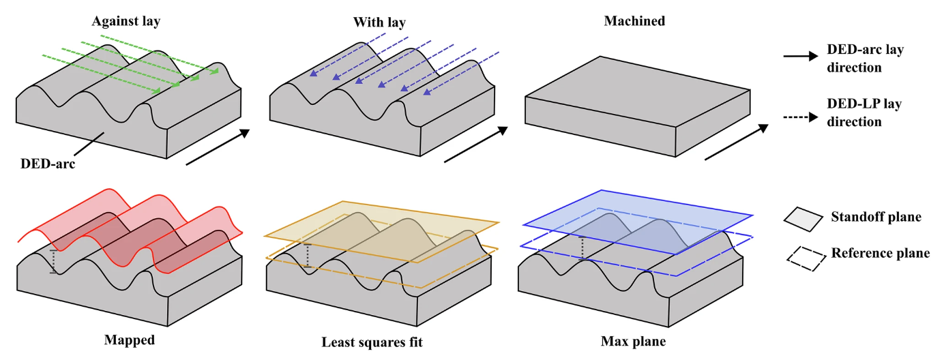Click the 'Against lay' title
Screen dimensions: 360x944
[x=126, y=22]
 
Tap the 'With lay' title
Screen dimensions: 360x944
[x=379, y=22]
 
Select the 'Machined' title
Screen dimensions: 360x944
[x=634, y=22]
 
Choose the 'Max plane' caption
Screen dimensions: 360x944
[x=634, y=340]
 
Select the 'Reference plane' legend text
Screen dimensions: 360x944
[x=880, y=254]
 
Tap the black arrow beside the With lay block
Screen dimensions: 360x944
[x=476, y=145]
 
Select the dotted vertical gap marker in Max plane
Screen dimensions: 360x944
[x=582, y=248]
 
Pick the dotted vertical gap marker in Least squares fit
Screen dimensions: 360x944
[x=308, y=256]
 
